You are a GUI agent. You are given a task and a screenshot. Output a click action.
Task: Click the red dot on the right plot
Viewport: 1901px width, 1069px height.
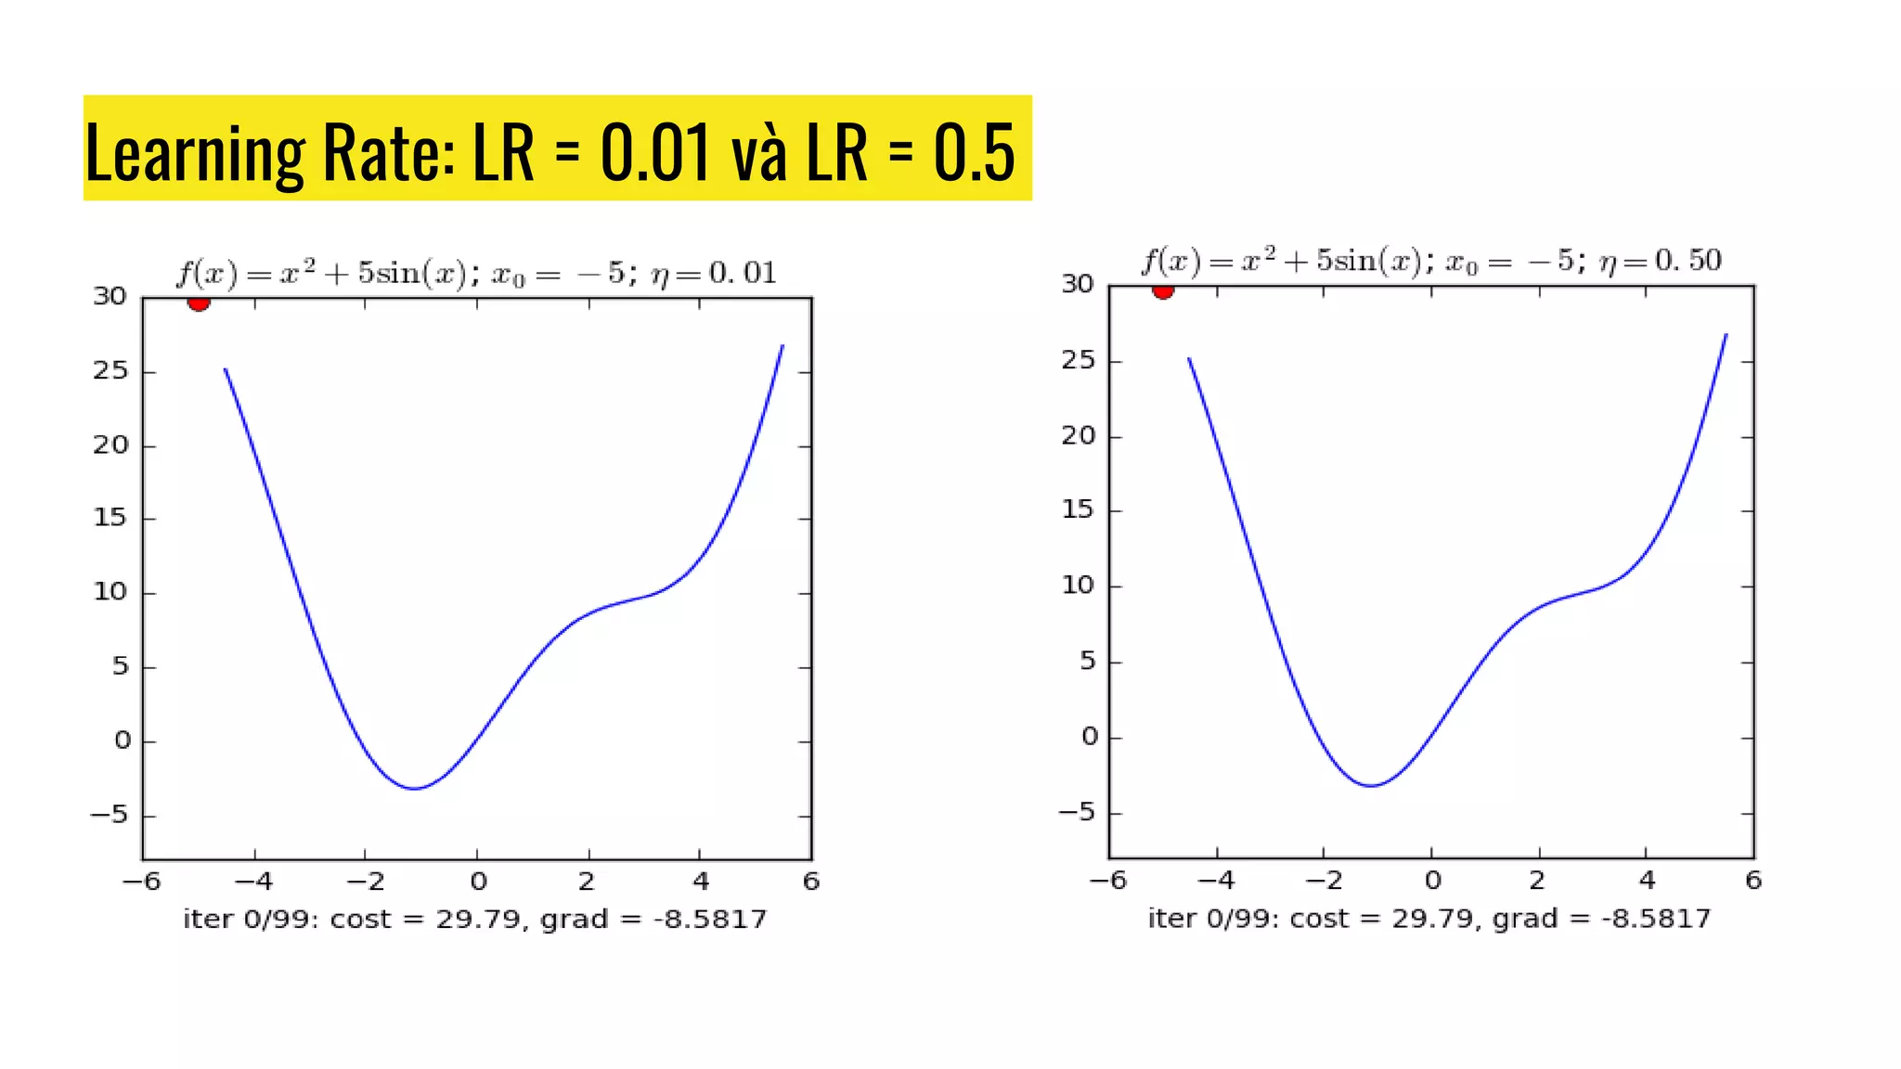coord(1163,291)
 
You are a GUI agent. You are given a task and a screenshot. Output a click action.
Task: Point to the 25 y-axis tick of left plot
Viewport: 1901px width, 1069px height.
coord(110,371)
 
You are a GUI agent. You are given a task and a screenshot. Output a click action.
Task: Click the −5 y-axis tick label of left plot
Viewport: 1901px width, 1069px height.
coord(109,816)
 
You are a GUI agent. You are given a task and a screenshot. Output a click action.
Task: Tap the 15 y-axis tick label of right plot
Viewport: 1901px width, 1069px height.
coord(1079,509)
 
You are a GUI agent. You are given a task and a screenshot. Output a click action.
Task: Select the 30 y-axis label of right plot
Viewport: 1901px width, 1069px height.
coord(1078,284)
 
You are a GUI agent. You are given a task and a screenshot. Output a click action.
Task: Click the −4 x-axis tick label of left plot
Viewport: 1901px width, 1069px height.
coord(253,882)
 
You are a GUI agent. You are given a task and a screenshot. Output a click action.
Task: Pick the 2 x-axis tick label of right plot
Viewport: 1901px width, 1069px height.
coord(1538,880)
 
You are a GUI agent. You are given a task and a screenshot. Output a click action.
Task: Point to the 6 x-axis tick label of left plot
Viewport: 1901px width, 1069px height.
coord(811,882)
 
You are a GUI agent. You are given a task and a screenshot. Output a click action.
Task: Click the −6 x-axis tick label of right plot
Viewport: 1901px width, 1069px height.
coord(1107,880)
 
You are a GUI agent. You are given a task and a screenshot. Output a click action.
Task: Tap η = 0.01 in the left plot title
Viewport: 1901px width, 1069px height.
coord(713,274)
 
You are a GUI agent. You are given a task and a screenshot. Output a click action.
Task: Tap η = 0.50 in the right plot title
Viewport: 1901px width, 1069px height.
coord(1660,262)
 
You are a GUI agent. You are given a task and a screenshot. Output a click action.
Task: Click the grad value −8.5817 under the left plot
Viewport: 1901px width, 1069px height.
coord(711,920)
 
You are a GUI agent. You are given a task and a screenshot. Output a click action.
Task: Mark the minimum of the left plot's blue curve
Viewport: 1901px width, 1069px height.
coord(415,789)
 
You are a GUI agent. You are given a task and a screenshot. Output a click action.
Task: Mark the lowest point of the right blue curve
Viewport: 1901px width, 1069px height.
coord(1371,786)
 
